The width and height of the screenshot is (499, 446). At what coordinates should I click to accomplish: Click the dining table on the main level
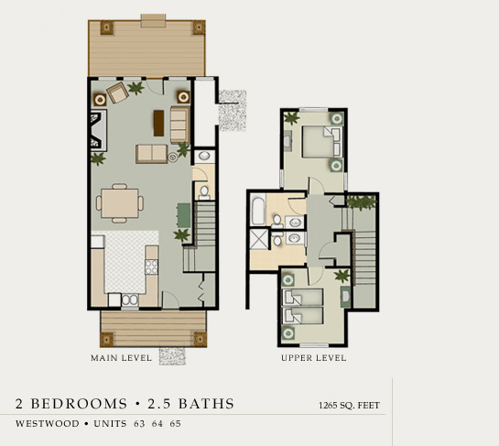(120, 203)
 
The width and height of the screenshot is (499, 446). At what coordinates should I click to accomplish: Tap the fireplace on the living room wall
(99, 130)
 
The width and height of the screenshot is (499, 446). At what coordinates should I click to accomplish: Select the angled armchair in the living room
(117, 92)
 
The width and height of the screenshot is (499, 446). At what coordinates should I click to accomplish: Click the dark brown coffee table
(158, 123)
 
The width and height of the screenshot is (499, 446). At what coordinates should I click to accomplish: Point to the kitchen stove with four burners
(151, 267)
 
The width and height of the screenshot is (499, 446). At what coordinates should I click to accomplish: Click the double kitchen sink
(130, 299)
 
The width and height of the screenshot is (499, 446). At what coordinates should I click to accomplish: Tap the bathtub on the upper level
(258, 211)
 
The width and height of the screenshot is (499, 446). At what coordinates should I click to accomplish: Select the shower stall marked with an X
(259, 239)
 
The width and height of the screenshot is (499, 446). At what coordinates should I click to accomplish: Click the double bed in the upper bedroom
(322, 142)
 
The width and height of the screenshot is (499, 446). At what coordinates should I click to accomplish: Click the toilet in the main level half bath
(204, 192)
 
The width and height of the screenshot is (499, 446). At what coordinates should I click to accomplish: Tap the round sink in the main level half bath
(203, 156)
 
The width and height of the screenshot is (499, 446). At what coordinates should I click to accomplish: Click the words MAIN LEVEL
(121, 358)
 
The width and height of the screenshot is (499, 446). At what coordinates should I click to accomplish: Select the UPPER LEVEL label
(314, 358)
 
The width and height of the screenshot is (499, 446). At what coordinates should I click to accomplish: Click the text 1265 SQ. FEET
(349, 406)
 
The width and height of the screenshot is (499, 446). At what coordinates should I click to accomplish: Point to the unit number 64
(157, 424)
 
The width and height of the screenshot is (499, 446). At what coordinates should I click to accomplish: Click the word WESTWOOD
(48, 424)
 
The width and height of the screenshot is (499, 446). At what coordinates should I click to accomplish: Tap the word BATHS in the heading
(206, 404)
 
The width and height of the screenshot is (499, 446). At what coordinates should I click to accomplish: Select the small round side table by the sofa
(173, 157)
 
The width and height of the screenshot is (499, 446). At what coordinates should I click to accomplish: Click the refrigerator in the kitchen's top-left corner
(98, 242)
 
